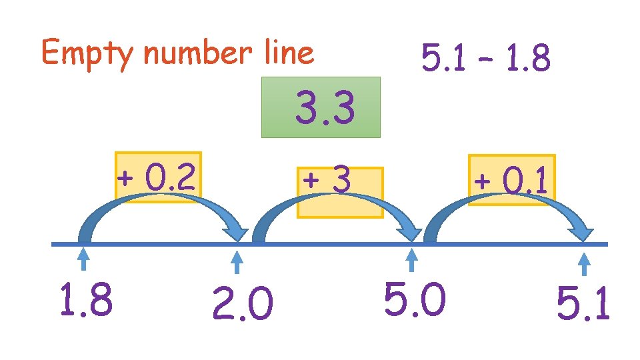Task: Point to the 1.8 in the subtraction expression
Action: click(x=527, y=59)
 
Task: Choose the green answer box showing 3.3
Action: click(x=321, y=107)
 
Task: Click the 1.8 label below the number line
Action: click(x=85, y=299)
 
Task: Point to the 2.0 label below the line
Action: click(x=242, y=306)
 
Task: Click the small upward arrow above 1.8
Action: click(x=84, y=259)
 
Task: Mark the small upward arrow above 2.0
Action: click(x=239, y=261)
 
